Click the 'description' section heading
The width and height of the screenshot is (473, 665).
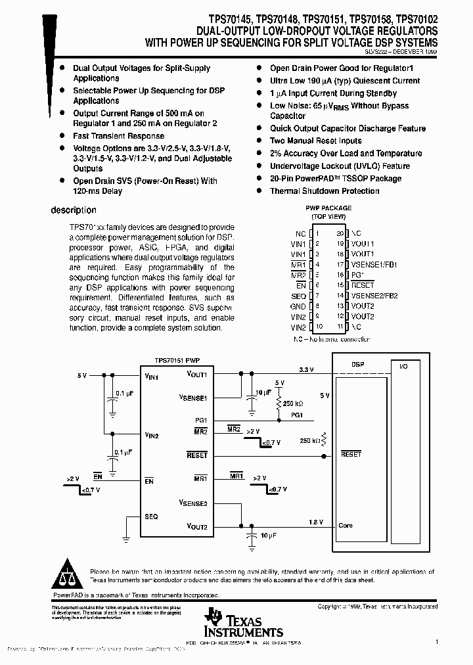pos(74,210)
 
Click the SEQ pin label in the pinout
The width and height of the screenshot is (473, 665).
pos(298,296)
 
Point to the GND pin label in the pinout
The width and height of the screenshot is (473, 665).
pos(298,306)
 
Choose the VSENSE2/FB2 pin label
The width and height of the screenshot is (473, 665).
pos(374,296)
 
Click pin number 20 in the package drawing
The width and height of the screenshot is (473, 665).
pos(340,233)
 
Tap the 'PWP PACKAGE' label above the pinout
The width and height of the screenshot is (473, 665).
pos(328,208)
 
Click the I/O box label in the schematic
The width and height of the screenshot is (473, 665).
pos(403,366)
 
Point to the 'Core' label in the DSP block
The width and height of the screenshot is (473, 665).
pos(346,525)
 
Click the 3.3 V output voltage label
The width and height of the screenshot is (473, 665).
pos(305,370)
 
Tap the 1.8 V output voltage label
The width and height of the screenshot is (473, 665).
pos(316,522)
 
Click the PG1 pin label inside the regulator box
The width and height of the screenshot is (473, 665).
pos(201,420)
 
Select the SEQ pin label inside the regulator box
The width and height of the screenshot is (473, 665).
pos(151,516)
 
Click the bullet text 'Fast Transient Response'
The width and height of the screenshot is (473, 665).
pos(109,136)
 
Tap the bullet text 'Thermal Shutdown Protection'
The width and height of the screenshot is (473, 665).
pos(325,191)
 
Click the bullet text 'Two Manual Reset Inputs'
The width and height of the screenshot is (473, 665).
pos(316,141)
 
